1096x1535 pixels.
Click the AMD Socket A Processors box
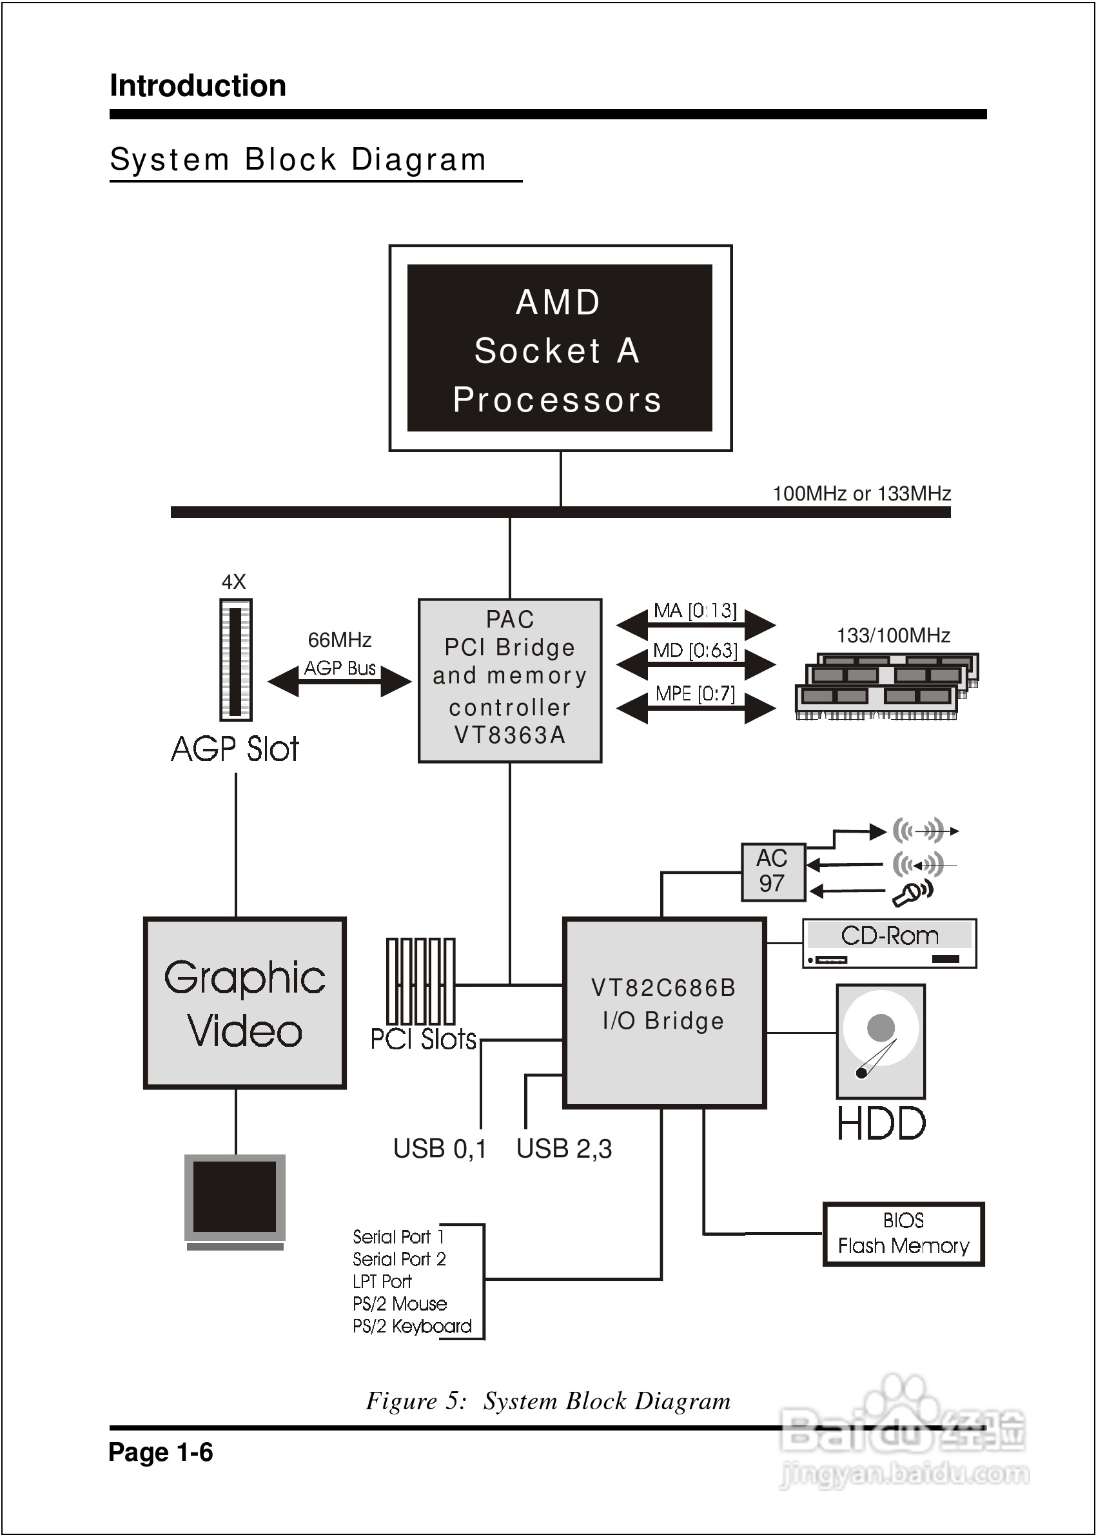pos(560,348)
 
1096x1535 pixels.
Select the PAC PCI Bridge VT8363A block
pos(509,680)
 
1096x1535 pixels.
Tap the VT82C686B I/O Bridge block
pos(664,1013)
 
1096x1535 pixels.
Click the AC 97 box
pos(773,871)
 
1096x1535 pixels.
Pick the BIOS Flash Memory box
pos(903,1233)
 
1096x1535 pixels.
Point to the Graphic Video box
pos(244,1002)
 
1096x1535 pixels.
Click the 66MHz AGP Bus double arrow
pos(340,682)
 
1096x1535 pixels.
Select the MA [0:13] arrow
pos(696,624)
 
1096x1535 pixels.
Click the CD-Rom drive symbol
pos(889,943)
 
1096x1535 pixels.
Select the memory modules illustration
pos(886,685)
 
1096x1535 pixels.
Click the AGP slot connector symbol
pos(235,660)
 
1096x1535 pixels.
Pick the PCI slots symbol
pos(420,982)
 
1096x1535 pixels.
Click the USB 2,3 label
pos(563,1148)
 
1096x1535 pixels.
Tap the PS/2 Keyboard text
pos(412,1327)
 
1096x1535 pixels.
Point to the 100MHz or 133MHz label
pos(861,493)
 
